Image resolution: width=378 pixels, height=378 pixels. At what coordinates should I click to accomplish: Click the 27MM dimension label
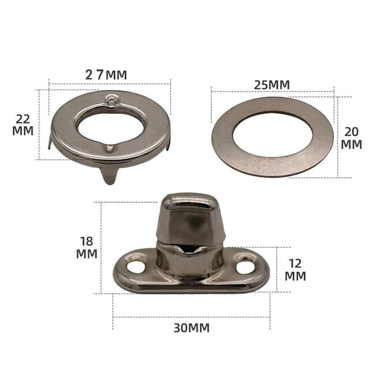tap(106, 75)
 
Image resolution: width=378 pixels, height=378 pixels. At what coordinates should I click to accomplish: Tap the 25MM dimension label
tap(272, 85)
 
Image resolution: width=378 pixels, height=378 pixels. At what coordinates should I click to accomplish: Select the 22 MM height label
tap(23, 125)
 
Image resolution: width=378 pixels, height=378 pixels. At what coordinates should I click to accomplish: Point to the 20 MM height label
tap(351, 138)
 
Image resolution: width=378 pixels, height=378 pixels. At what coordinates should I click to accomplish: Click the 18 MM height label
tap(87, 248)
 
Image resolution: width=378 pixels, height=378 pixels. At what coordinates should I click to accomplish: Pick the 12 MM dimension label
tap(295, 270)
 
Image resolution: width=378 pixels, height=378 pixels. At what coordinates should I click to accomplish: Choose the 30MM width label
tap(192, 328)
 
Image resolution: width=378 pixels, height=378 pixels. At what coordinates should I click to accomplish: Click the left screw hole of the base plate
tap(136, 267)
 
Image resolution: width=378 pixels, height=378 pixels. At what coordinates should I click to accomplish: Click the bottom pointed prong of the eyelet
tap(110, 175)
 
